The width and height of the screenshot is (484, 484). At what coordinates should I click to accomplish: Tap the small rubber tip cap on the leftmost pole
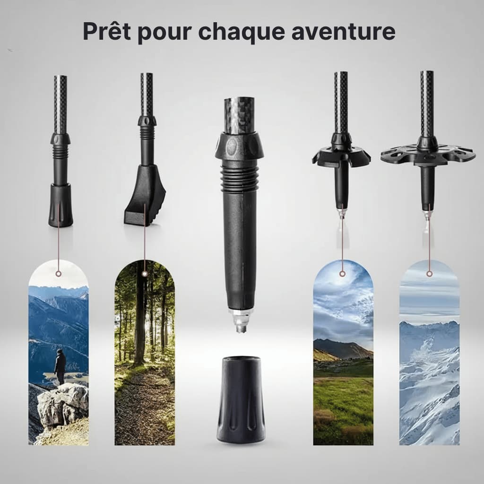[x=60, y=205]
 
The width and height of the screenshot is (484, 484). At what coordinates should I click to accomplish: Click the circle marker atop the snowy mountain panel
[x=429, y=274]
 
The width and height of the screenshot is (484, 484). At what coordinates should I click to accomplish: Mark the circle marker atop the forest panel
[x=144, y=274]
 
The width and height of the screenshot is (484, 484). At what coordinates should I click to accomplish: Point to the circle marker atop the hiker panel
[x=58, y=274]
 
